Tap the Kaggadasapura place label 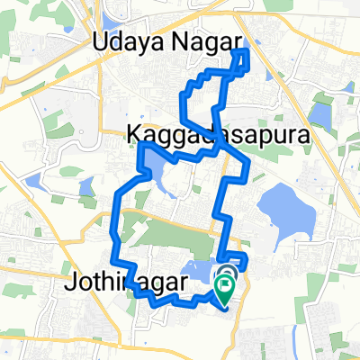pos(214,136)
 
